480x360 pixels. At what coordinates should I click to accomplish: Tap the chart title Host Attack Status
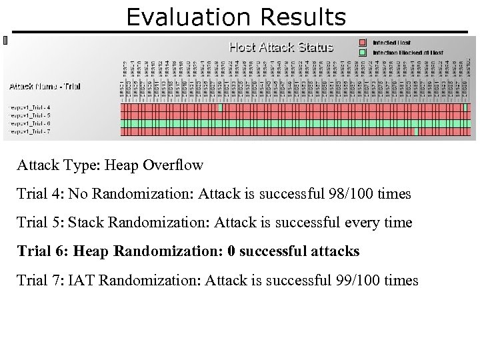[x=281, y=47]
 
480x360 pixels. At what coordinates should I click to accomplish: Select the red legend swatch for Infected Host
[x=363, y=41]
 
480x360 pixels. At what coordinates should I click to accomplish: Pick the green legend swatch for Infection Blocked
[x=363, y=51]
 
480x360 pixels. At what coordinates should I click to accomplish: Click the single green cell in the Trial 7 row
[x=416, y=132]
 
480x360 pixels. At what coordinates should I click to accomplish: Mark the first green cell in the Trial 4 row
[x=220, y=107]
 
